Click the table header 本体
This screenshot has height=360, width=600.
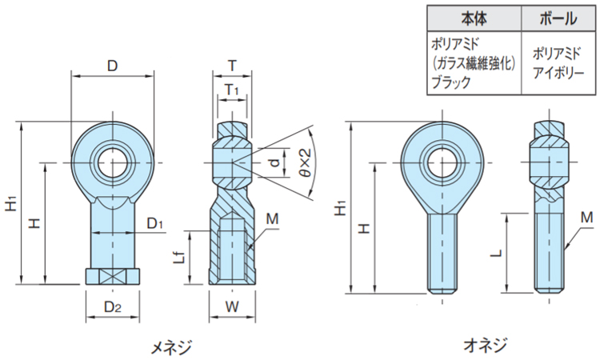[x=474, y=18]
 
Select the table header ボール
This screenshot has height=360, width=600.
[x=558, y=18]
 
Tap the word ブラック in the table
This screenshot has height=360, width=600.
[x=451, y=82]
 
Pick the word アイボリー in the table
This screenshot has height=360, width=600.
[x=558, y=73]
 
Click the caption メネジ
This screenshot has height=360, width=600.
[x=170, y=347]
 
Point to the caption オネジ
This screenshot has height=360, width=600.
[x=486, y=345]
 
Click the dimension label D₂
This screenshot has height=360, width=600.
[x=113, y=307]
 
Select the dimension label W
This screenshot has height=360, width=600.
[x=232, y=306]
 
